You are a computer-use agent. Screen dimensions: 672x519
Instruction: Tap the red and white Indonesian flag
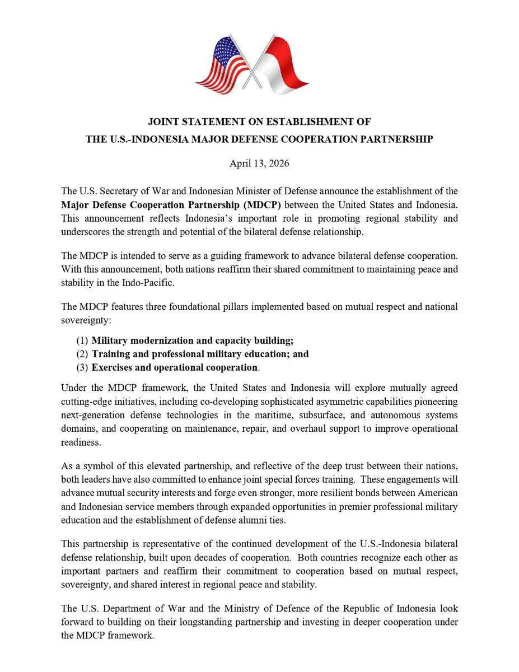[282, 66]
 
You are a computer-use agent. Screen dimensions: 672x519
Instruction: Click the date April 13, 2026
[259, 164]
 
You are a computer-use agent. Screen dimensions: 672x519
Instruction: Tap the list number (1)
[82, 340]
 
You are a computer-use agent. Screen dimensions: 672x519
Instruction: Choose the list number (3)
[82, 367]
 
